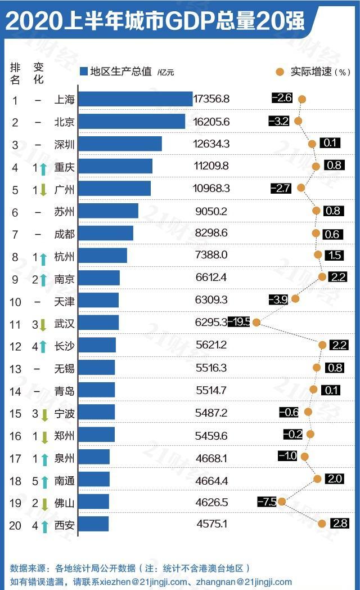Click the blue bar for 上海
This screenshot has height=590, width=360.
coord(135,99)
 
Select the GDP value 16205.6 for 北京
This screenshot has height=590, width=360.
coord(211,122)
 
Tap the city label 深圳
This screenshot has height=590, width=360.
coord(65,144)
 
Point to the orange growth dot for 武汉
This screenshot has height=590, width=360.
coord(256,323)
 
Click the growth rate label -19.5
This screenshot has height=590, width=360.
coord(239,322)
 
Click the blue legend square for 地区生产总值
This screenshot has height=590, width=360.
coord(84,71)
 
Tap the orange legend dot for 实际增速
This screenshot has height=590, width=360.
coord(280,71)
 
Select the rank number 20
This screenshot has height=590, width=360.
coord(16,525)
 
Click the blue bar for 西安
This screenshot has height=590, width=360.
coord(93,524)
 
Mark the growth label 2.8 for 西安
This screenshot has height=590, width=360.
coord(340,524)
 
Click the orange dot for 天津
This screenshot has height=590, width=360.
coord(295,299)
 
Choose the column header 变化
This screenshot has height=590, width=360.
coord(38,73)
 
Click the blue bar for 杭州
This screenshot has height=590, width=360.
coord(102,256)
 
